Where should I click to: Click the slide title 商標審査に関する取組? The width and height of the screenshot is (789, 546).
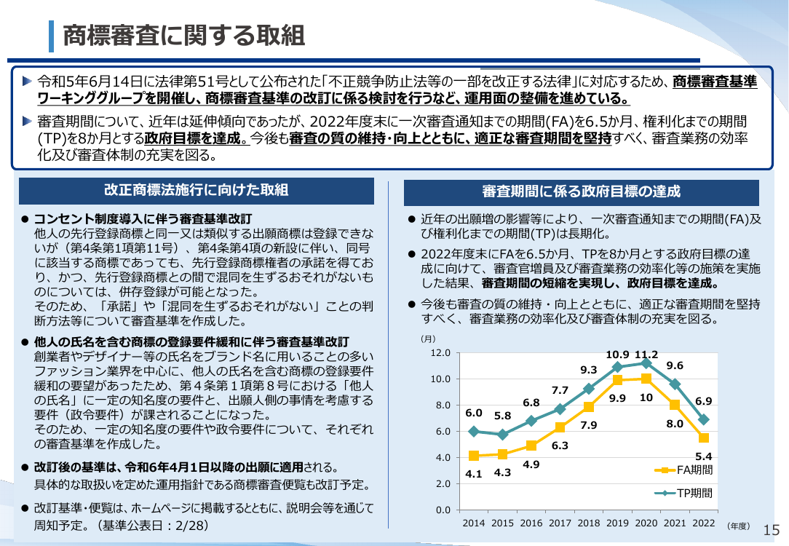tap(183, 36)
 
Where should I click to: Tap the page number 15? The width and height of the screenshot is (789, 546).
tap(772, 530)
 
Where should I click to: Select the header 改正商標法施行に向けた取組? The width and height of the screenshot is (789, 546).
tap(197, 190)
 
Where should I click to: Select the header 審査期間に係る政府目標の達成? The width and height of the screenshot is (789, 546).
tap(581, 191)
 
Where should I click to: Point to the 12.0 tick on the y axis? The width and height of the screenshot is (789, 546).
tap(440, 353)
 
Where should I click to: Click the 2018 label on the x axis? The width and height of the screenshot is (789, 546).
tap(589, 523)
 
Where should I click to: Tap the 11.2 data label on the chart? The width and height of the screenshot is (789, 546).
tap(646, 355)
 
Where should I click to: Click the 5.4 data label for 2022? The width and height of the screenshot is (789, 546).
tap(703, 456)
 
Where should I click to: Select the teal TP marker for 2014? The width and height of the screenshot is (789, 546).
tap(474, 431)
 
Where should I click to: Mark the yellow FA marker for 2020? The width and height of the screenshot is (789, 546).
tap(646, 379)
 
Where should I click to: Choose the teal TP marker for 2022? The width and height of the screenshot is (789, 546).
tap(703, 419)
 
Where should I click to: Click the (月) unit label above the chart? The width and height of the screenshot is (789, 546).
tap(428, 339)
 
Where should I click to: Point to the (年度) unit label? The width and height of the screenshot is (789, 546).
tap(738, 526)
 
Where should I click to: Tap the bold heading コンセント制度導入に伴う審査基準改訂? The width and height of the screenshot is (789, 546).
tap(143, 219)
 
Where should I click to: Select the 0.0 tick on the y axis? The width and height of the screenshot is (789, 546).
tap(443, 510)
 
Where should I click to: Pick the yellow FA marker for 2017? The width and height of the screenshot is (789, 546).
tap(560, 427)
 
